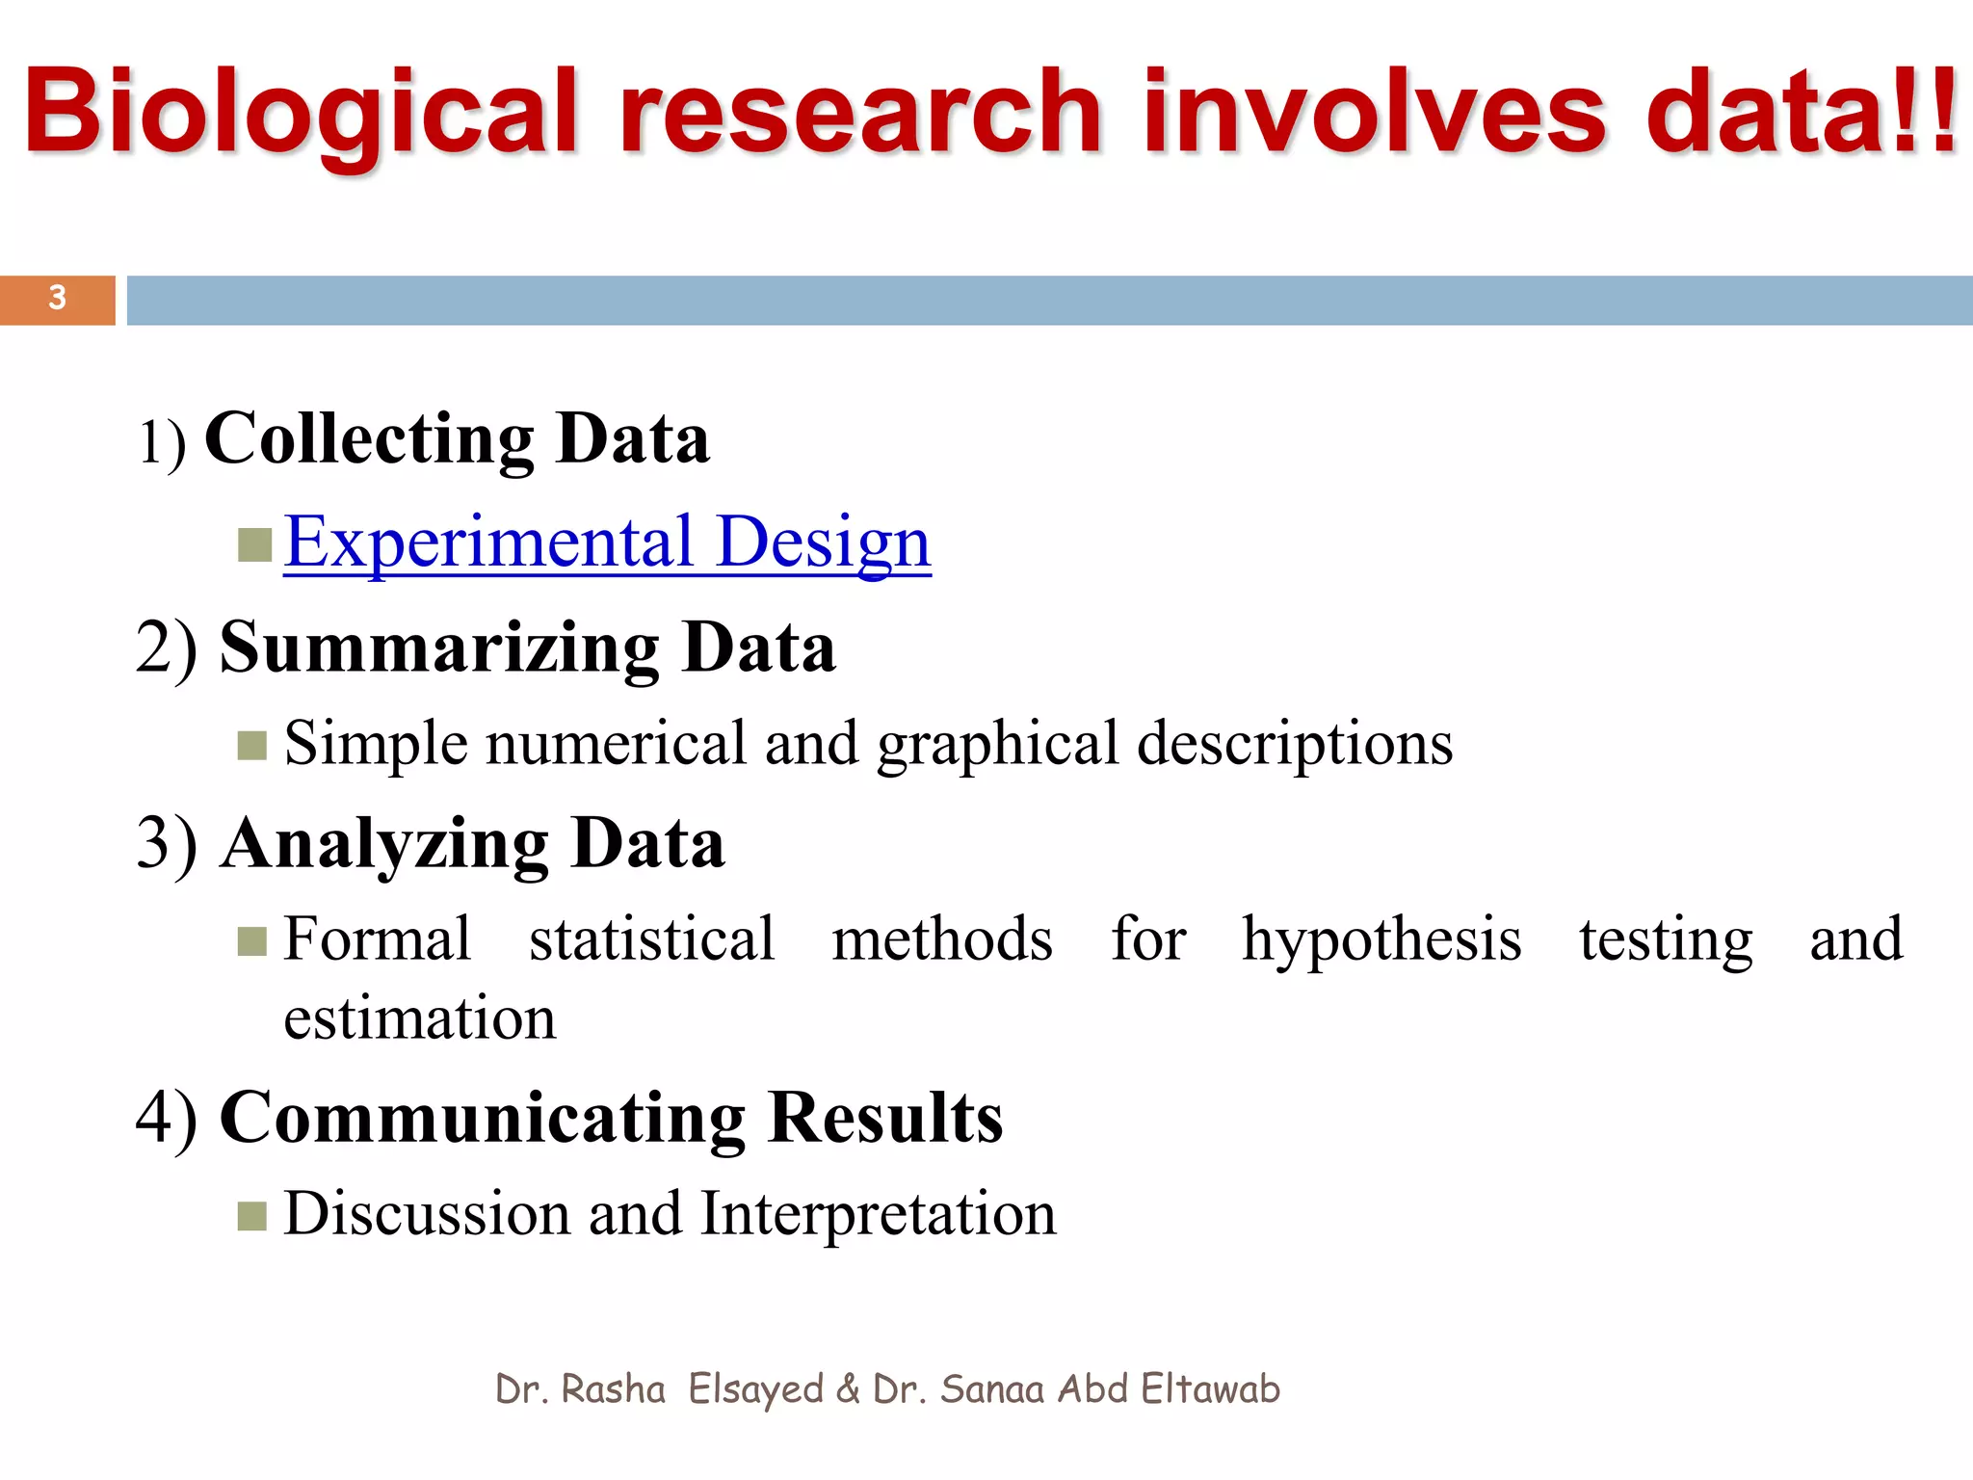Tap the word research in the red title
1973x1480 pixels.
[x=859, y=114]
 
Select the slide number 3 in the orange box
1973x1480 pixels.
[x=58, y=298]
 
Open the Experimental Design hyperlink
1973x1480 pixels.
[x=607, y=542]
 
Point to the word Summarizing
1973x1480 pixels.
[x=439, y=647]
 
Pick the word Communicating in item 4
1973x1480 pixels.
[x=482, y=1118]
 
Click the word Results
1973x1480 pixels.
[x=885, y=1118]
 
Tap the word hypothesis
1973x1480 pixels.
[x=1381, y=940]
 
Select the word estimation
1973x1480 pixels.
[x=419, y=1018]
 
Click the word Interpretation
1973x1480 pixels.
[x=878, y=1213]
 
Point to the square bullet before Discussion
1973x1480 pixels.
[x=252, y=1217]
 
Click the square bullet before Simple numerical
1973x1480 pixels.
[x=252, y=746]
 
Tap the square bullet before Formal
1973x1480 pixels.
[x=252, y=941]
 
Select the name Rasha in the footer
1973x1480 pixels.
[x=613, y=1389]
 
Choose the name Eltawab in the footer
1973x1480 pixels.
[x=1210, y=1389]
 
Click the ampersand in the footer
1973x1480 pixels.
[x=848, y=1389]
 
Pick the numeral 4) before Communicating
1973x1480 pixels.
[x=167, y=1118]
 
